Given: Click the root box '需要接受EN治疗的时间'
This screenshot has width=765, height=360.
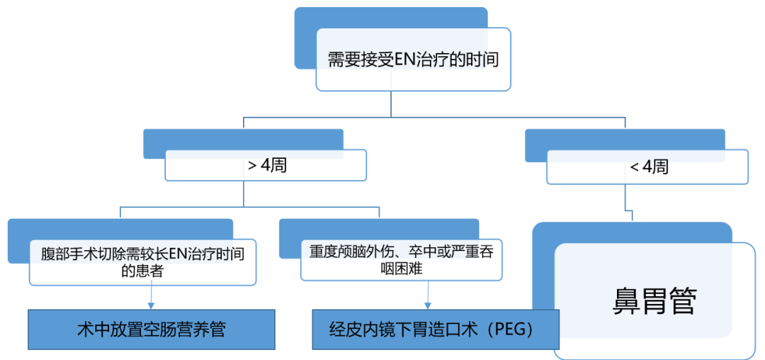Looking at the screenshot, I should tap(413, 60).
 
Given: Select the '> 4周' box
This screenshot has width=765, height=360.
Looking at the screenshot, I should tap(266, 167).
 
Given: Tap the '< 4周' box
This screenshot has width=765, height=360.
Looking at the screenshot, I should tap(647, 167).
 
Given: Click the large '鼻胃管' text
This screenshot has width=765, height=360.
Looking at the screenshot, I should tap(654, 301).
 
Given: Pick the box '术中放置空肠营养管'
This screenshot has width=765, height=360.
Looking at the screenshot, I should tap(151, 330).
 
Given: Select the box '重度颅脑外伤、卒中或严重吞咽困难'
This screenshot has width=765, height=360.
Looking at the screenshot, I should tap(401, 261).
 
